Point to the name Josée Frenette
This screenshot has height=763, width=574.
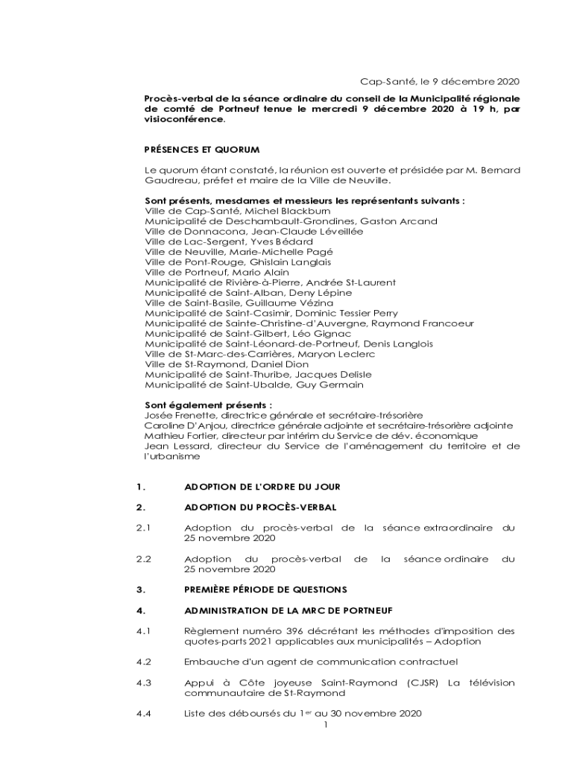click(x=177, y=415)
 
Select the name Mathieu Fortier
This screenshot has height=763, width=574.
click(x=175, y=435)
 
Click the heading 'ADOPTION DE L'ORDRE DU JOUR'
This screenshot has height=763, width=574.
click(x=262, y=487)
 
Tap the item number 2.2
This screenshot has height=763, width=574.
click(x=144, y=559)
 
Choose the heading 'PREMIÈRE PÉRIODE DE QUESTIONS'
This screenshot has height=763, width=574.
click(x=265, y=589)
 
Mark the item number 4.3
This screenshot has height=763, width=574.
click(x=144, y=683)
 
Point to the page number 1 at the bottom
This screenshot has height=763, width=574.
click(x=327, y=724)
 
